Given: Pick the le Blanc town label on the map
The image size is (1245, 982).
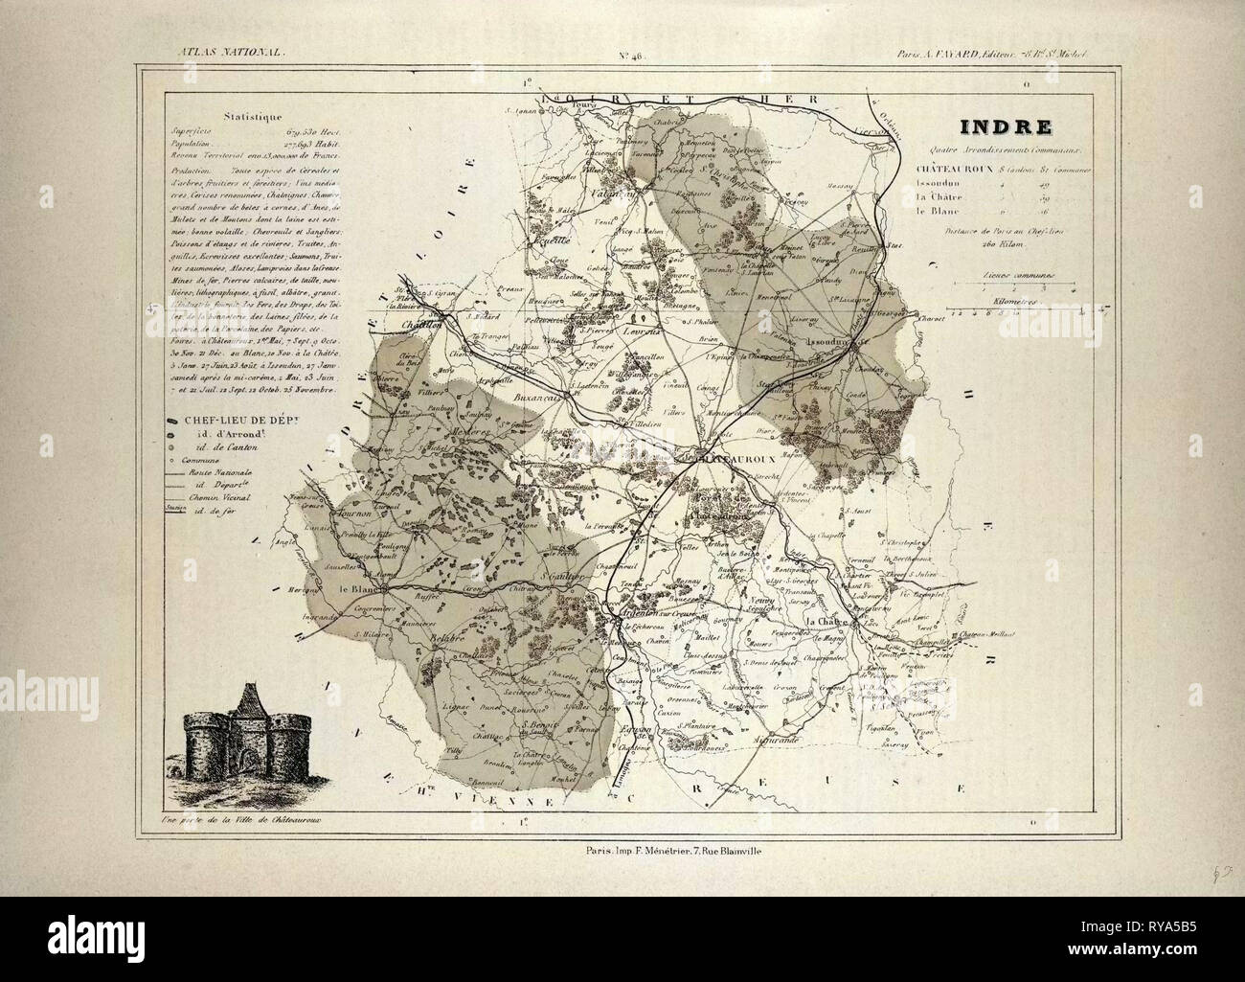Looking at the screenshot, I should click(x=355, y=589).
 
